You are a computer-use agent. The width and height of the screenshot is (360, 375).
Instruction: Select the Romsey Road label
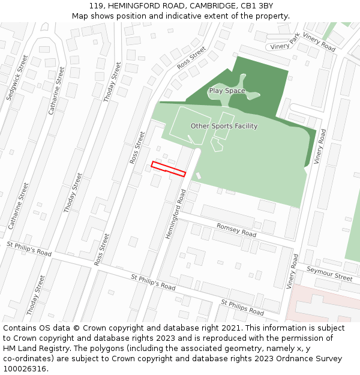(x=236, y=229)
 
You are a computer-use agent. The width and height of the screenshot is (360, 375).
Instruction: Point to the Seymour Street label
(x=329, y=274)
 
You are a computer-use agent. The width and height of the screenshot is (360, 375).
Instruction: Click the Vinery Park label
(x=284, y=46)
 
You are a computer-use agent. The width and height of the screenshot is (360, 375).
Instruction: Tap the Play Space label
(x=227, y=91)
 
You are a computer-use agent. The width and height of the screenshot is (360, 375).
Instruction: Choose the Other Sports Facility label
(x=224, y=126)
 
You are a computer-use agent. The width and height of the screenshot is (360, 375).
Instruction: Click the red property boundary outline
(x=168, y=169)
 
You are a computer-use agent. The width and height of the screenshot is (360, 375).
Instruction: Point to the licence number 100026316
(x=25, y=369)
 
